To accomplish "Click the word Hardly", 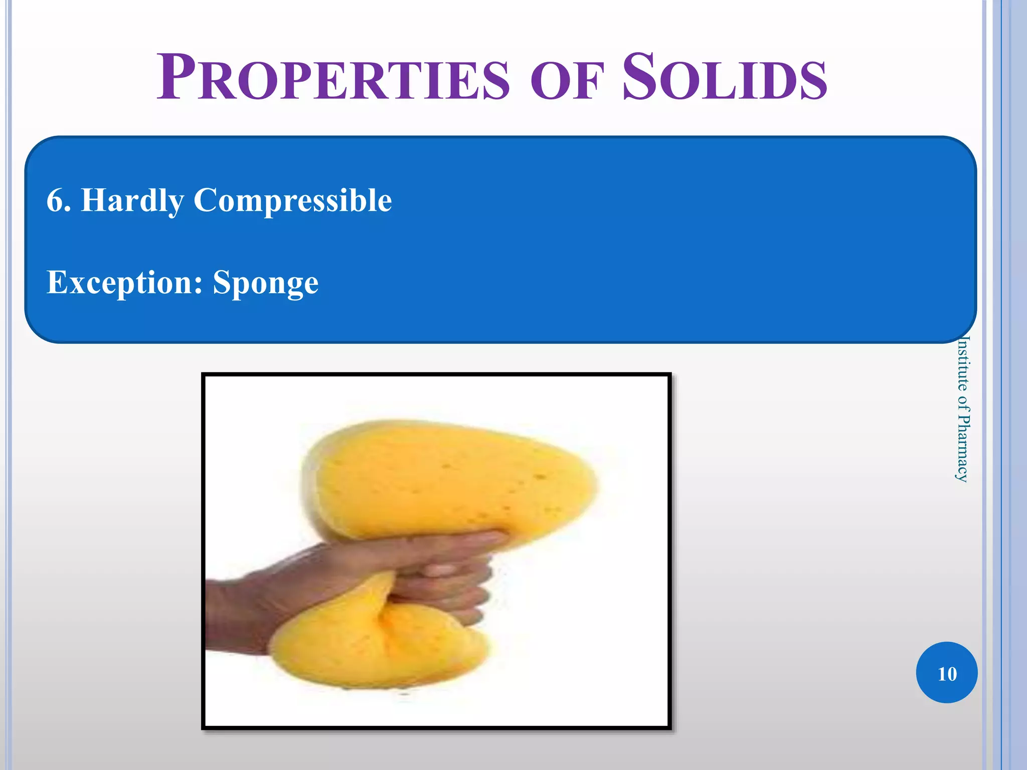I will coord(132,201).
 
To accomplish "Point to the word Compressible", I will coord(292,201).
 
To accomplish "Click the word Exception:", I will coord(124,282).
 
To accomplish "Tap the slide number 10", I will coord(947,673).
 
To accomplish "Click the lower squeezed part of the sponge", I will coord(376,647).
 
